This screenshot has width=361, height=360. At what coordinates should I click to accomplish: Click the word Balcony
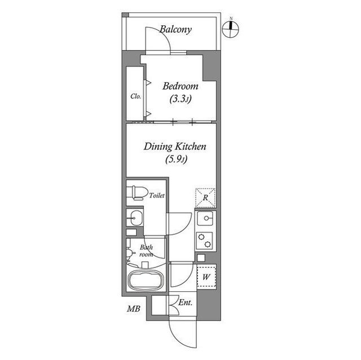(x=175, y=29)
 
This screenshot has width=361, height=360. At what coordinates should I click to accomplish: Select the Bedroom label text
(x=180, y=86)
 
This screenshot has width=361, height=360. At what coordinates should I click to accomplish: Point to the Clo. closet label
(x=135, y=96)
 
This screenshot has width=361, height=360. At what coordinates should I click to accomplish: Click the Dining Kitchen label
(x=175, y=146)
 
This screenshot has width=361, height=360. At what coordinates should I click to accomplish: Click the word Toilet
(x=157, y=195)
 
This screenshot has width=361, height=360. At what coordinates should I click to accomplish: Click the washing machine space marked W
(x=206, y=276)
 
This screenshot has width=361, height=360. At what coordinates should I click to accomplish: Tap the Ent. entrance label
(x=185, y=303)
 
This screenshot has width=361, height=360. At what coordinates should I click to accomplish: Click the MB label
(x=133, y=309)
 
